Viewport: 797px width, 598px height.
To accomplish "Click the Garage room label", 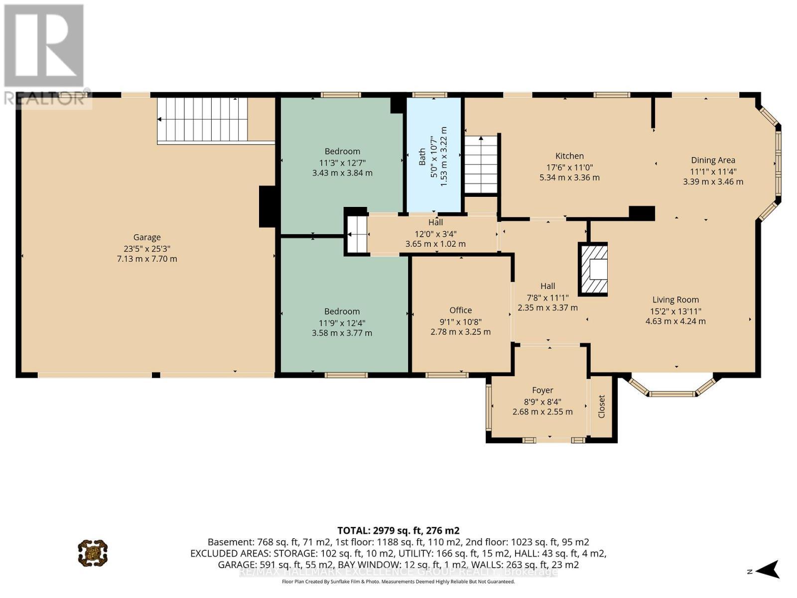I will pos(147,237).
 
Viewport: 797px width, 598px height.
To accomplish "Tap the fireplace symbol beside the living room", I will pos(593,270).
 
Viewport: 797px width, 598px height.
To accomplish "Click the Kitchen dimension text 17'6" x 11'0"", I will pos(569,167).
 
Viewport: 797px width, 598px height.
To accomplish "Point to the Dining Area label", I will pos(713,160).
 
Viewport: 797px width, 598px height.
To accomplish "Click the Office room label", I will pos(460,310).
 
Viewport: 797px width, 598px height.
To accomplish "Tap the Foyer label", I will pos(542,390).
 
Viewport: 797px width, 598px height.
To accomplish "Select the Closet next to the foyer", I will pos(602,407).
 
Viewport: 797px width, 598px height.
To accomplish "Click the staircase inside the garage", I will pos(203,119).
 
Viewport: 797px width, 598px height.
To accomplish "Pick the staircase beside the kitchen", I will pos(481,164).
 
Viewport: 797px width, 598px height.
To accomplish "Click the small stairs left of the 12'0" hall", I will pos(357,235).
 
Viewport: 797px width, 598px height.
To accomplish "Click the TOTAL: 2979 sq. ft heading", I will pos(398,530).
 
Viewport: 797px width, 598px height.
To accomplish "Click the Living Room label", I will pos(675,299).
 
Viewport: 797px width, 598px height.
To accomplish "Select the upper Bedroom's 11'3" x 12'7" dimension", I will pos(342,162).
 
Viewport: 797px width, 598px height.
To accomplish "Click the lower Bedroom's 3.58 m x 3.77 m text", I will pos(342,333).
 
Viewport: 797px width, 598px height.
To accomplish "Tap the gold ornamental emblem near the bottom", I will pos(93,553).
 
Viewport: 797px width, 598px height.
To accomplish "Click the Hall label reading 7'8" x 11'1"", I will pos(547,297).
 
